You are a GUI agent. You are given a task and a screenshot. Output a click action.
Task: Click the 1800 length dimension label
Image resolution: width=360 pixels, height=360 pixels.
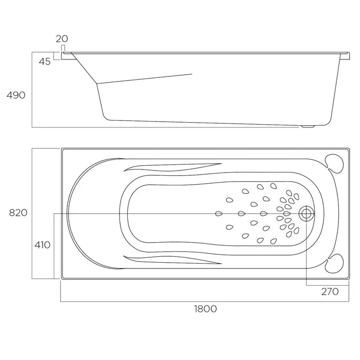point(205,309)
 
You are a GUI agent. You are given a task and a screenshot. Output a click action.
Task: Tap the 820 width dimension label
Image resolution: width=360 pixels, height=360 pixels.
point(18,213)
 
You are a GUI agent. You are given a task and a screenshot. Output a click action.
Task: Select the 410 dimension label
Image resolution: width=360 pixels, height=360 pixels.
point(43,245)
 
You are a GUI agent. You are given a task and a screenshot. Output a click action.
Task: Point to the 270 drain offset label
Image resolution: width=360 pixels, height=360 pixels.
point(330,292)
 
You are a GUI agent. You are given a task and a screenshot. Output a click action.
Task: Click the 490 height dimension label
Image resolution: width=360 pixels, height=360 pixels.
point(16,95)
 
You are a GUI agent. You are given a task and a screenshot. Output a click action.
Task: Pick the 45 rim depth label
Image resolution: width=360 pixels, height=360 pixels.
point(45,62)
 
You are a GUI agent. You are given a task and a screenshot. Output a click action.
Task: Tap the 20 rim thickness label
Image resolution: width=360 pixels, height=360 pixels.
point(62,39)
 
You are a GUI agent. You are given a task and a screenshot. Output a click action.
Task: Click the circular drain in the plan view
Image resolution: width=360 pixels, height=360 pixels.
point(306,214)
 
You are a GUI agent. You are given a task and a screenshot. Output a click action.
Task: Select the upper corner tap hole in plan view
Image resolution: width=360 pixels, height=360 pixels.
point(334,164)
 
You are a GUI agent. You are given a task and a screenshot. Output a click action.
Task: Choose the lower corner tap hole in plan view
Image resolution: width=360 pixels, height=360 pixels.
point(334,263)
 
